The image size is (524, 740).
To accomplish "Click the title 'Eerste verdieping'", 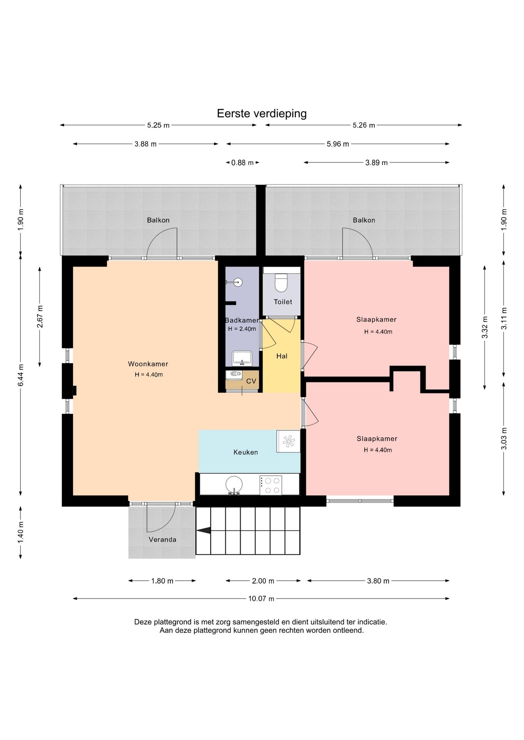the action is [262, 113].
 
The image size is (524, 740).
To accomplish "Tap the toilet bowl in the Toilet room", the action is [281, 283].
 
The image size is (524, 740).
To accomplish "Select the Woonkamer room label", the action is [148, 364].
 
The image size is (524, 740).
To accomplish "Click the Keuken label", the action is [245, 452].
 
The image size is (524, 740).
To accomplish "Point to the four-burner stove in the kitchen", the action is [271, 485].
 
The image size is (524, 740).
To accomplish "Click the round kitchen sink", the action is [234, 485].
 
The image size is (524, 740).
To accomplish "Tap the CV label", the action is [251, 381].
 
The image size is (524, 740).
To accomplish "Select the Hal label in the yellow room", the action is [282, 356].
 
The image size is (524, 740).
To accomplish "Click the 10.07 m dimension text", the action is [261, 599].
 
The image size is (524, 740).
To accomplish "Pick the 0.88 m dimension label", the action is [242, 163].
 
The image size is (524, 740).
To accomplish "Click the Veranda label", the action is [162, 540].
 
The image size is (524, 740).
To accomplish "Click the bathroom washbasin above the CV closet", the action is [242, 358].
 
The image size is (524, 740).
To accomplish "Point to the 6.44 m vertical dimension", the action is [21, 375].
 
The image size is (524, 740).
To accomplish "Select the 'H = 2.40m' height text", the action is [242, 329].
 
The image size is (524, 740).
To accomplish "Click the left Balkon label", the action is [158, 220].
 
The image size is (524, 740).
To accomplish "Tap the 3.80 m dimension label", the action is [378, 581].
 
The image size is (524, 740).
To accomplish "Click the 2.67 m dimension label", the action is [40, 316].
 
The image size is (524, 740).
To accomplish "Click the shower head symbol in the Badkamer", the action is [238, 282].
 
